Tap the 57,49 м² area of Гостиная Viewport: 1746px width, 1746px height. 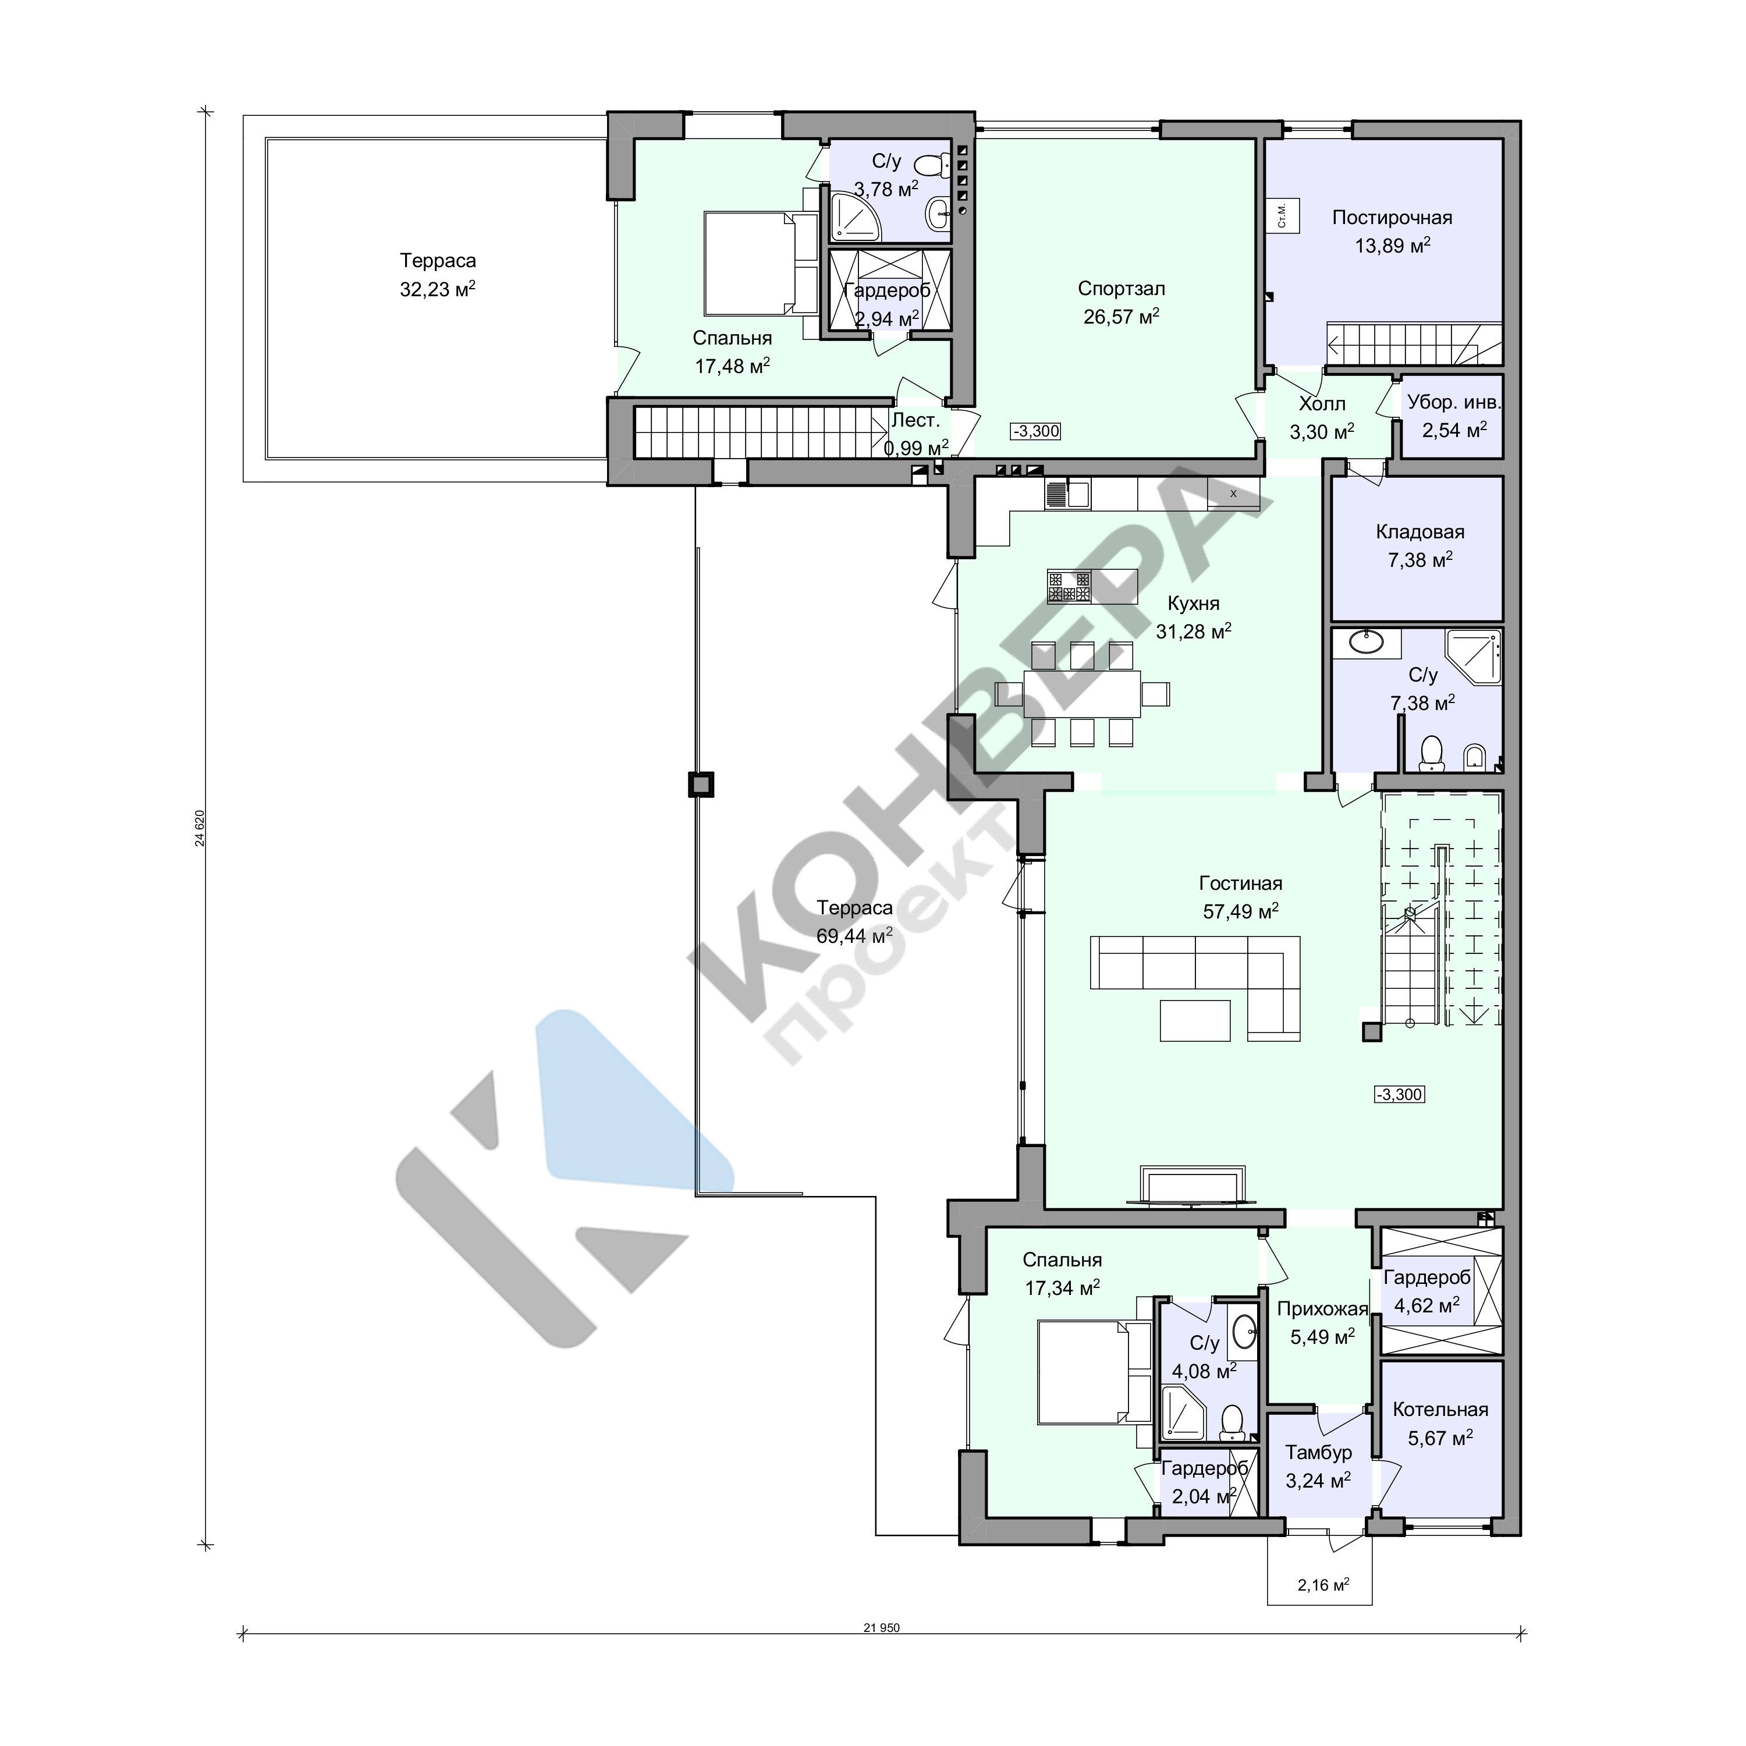[1240, 911]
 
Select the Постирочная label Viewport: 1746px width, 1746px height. [1392, 218]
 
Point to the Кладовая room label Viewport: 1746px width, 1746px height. [1419, 533]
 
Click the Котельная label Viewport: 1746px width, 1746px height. [1440, 1410]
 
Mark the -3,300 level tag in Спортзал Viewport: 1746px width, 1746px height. [1036, 431]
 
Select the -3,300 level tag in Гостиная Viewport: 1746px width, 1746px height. [1400, 1094]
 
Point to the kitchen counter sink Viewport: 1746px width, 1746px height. [1068, 494]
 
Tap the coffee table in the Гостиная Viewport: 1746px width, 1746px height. [1195, 1020]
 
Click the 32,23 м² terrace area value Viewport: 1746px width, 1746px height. [438, 289]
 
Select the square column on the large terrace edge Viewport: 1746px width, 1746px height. [700, 783]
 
